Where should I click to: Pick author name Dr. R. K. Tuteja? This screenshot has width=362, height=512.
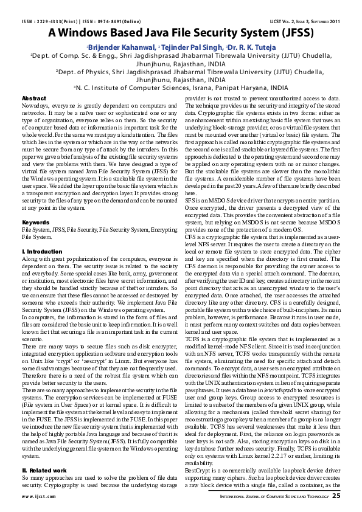[252, 47]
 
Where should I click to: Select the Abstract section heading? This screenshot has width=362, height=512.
[34, 98]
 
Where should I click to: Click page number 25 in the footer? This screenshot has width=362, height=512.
[335, 497]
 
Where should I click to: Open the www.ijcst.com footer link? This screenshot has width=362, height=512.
[35, 497]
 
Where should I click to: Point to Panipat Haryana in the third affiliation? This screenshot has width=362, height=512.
[244, 88]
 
